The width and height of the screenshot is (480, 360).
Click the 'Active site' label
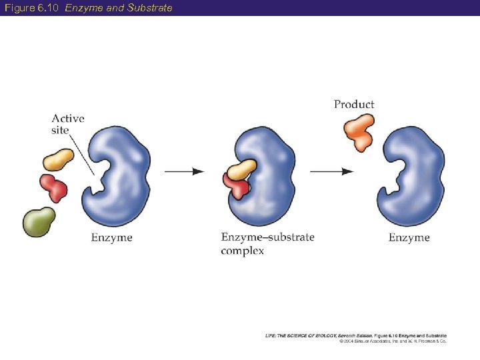(x=68, y=124)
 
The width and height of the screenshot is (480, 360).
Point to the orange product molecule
(x=359, y=131)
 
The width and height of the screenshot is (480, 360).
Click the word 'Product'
(x=354, y=104)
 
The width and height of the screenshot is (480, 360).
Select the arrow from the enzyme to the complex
(x=184, y=171)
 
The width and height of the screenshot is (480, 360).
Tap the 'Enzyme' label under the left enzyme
(x=111, y=237)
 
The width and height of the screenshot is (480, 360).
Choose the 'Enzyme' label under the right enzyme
(x=409, y=237)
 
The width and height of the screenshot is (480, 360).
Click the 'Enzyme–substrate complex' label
(x=267, y=243)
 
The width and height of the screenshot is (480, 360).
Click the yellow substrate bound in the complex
(x=241, y=169)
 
